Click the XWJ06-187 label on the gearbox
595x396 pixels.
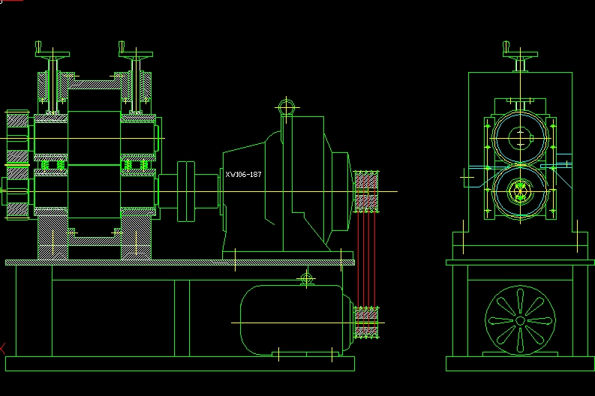pos(243,175)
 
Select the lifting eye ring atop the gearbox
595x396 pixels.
pos(286,107)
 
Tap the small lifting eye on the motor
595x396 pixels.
pos(306,280)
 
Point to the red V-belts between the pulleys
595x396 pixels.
pos(365,259)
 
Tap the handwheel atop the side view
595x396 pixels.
pos(519,53)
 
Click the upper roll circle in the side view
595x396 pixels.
pos(519,137)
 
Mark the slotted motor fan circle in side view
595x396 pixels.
pos(519,321)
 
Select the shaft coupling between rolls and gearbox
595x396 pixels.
pos(188,190)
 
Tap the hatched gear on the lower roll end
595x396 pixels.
pos(17,195)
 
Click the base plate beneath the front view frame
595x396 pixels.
pos(179,364)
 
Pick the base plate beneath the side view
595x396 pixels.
pos(519,364)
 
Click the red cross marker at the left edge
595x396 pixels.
pos(2,347)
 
